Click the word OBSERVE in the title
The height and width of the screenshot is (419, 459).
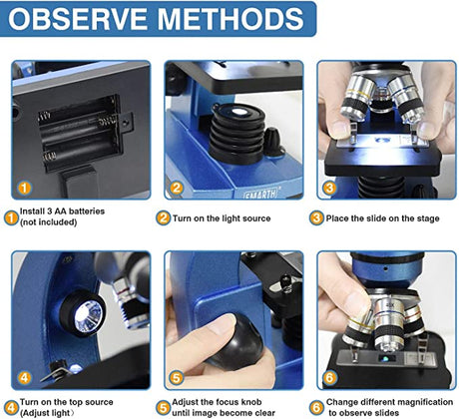tap(78, 18)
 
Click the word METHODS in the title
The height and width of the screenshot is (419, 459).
tap(230, 18)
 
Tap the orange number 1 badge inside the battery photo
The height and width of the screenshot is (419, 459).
tap(24, 188)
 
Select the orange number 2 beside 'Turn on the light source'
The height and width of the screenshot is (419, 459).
tap(163, 218)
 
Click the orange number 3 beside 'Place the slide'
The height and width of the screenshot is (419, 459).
tap(316, 218)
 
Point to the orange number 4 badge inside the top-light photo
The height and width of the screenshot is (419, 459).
tap(24, 378)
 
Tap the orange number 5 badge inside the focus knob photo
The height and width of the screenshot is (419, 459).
tap(177, 378)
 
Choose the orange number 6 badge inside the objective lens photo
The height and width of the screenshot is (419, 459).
tap(329, 378)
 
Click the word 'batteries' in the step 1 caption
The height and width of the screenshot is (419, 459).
tap(87, 211)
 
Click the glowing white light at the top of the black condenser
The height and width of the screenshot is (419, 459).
tap(238, 112)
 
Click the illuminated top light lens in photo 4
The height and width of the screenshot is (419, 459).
tap(88, 316)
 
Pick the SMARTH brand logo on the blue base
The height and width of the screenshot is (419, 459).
tap(261, 194)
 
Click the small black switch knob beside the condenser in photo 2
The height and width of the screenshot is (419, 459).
tap(273, 142)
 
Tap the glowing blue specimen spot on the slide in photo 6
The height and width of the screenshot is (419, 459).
tap(385, 359)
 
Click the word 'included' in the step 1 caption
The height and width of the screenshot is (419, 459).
tap(59, 221)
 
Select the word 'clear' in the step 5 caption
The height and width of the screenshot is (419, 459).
tap(264, 413)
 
